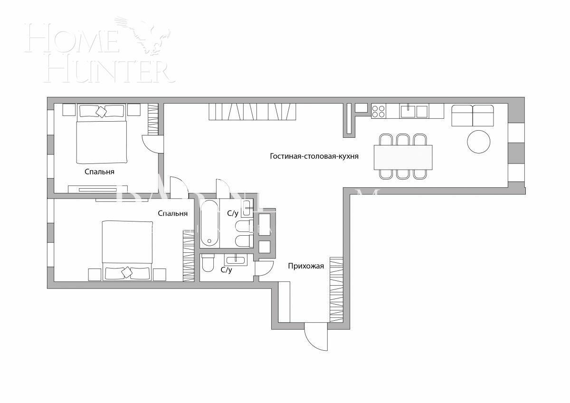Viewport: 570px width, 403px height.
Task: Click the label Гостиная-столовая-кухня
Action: pyautogui.click(x=314, y=156)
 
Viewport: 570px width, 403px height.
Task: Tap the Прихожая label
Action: pyautogui.click(x=306, y=266)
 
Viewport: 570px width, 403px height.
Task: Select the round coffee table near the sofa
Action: pyautogui.click(x=479, y=141)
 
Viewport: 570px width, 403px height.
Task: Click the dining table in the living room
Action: pyautogui.click(x=403, y=157)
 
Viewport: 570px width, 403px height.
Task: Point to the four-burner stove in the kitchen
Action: pyautogui.click(x=379, y=111)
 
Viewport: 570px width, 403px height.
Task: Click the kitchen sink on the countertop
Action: pyautogui.click(x=408, y=111)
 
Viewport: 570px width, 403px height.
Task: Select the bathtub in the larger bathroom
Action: pyautogui.click(x=209, y=224)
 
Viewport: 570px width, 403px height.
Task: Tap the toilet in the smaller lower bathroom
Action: pyautogui.click(x=208, y=263)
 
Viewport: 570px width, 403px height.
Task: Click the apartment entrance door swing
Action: pyautogui.click(x=315, y=337)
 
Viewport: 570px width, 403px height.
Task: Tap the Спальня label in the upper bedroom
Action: pyautogui.click(x=99, y=172)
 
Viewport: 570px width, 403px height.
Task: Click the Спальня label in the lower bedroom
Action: pyautogui.click(x=172, y=213)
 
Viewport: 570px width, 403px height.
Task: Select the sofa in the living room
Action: pyautogui.click(x=473, y=115)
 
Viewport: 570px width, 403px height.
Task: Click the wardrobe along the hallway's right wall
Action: pyautogui.click(x=336, y=288)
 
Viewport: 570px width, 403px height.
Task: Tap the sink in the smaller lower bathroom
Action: pyautogui.click(x=235, y=260)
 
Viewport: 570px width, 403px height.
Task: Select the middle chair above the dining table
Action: pyautogui.click(x=403, y=139)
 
